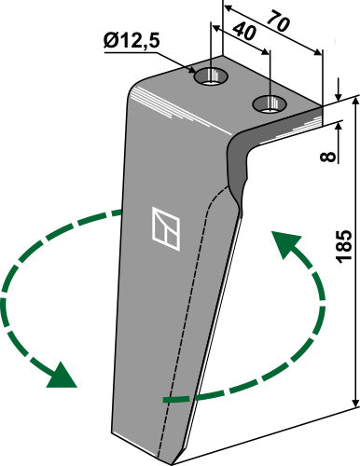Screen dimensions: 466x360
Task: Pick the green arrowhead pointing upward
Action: pyautogui.click(x=284, y=248)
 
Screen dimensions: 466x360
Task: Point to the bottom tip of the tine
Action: pyautogui.click(x=173, y=456)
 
